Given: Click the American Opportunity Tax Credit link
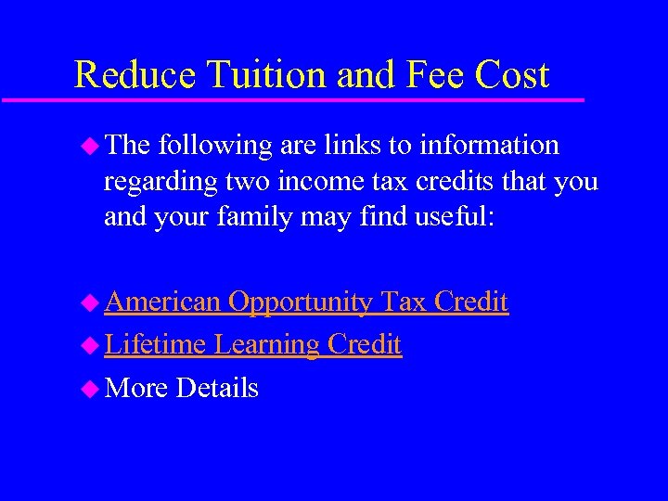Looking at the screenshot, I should coord(306,302).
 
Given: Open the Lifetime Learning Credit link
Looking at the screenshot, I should coord(252,345).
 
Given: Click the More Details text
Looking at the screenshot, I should coord(182,388).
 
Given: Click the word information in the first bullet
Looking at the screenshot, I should coord(489,146).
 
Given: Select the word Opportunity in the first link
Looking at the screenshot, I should coord(302,302).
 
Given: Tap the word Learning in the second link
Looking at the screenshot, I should coord(266,345).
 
